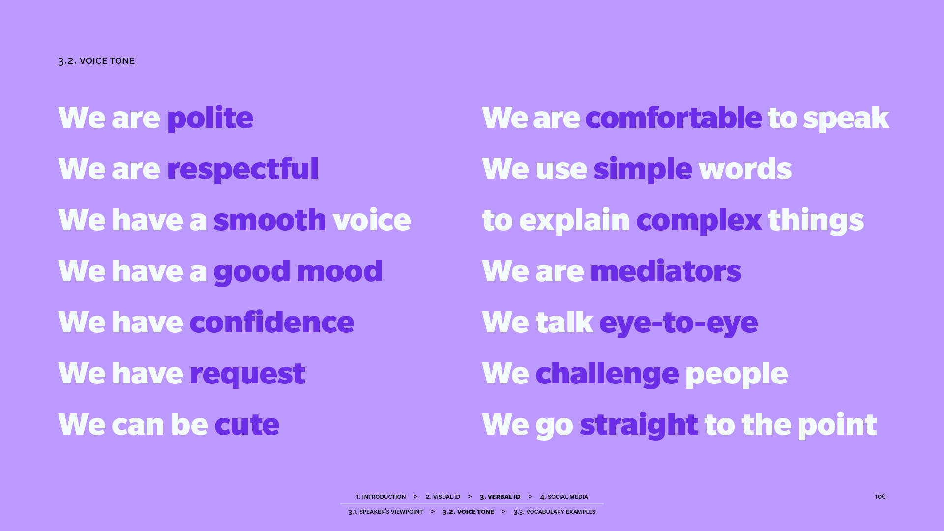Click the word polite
coord(210,118)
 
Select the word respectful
coord(242,169)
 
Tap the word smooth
coord(270,219)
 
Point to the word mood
coord(340,270)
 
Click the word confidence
coord(271,322)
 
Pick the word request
coord(247,374)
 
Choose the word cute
coord(247,424)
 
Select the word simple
coord(643,169)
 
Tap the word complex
coord(699,220)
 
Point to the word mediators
coord(666,270)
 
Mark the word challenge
coord(607,374)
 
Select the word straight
coord(639,425)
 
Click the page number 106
coord(880,496)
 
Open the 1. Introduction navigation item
coord(381,497)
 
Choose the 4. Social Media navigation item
coord(564,497)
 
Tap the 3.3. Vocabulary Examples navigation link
coord(555,512)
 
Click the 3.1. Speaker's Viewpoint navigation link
coord(385,512)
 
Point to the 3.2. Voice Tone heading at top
coord(96,61)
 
